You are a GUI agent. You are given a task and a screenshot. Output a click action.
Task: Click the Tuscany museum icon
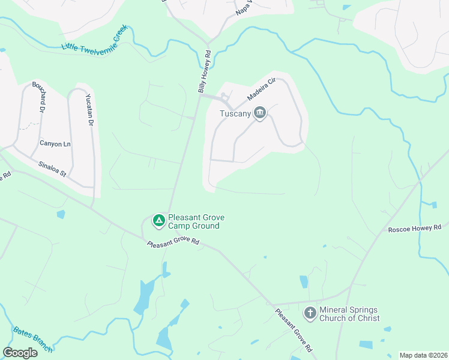coord(260,113)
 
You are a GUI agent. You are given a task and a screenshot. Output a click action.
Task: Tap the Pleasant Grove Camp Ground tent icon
coord(158,221)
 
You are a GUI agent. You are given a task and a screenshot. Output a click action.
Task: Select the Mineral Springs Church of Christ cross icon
coord(310,313)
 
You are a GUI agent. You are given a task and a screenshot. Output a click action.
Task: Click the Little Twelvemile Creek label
coord(95,38)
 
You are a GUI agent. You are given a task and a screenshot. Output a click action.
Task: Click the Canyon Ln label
coord(55,143)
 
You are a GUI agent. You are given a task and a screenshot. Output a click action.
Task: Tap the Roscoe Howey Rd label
coord(415,228)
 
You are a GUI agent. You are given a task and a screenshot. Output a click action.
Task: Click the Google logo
coord(20,353)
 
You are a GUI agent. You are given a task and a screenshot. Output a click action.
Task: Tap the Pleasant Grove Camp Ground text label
coord(193,222)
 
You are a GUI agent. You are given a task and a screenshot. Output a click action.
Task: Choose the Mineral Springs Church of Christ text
coord(349,314)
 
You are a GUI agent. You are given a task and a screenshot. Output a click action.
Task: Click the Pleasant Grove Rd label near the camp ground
coord(173,242)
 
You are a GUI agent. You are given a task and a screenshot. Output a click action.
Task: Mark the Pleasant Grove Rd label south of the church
coord(294,330)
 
